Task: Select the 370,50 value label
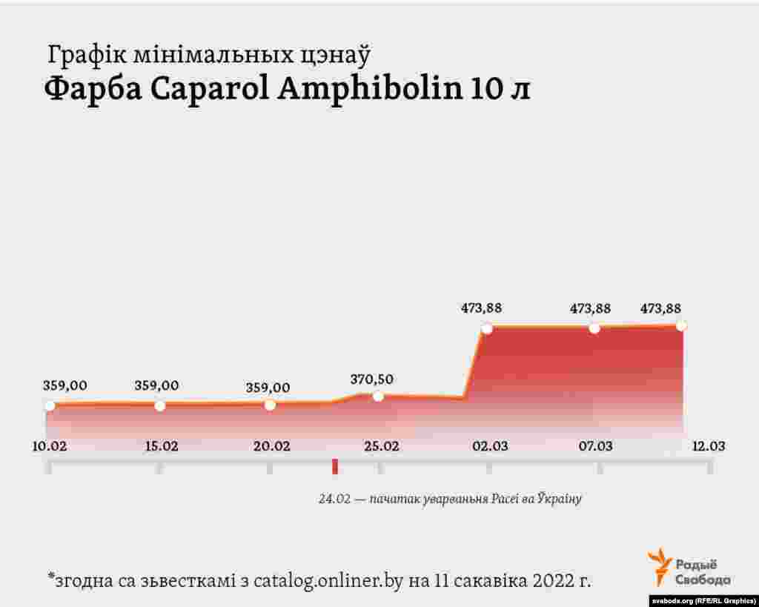(371, 379)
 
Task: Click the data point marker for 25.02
(378, 396)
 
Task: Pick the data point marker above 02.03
(486, 329)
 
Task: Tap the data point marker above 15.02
(159, 405)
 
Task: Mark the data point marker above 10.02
(50, 405)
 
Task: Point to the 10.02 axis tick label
(49, 446)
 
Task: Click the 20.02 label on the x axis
(271, 446)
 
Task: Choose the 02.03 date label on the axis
(490, 446)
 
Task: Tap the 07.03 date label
(596, 446)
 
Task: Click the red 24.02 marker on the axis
(335, 466)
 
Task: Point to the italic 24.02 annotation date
(334, 499)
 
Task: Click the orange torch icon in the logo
(660, 567)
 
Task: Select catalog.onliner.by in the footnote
(328, 580)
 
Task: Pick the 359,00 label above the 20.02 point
(268, 388)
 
